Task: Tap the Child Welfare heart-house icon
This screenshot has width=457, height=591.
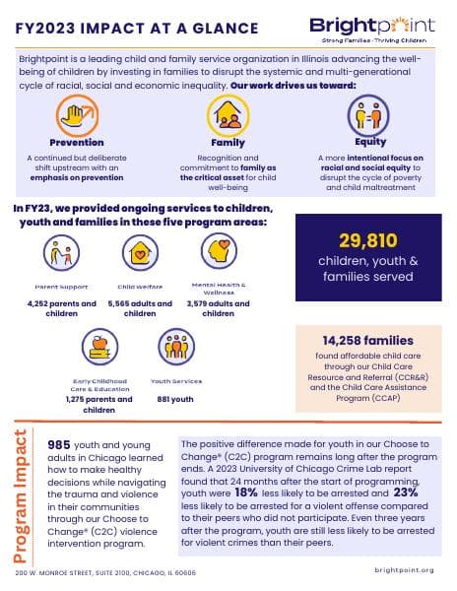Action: point(139,256)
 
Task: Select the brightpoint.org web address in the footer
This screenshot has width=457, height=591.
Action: point(405,570)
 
